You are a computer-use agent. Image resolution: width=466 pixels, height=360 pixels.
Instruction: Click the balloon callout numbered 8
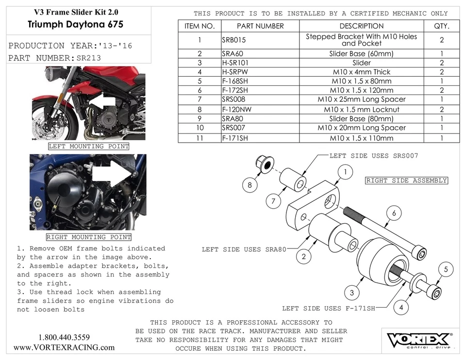[250, 185]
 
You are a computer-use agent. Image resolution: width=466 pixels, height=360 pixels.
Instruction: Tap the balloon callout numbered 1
[345, 172]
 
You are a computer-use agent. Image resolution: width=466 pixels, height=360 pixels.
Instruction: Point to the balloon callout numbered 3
[351, 292]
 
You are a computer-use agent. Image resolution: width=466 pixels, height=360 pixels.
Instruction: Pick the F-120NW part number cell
[237, 110]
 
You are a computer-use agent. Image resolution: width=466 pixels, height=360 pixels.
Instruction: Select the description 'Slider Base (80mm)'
[361, 119]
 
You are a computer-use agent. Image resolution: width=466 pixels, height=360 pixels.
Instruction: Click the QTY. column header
[441, 26]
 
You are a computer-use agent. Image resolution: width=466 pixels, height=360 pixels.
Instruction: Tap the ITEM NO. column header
[200, 26]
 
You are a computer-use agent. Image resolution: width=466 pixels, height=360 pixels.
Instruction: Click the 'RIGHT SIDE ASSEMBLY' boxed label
[406, 180]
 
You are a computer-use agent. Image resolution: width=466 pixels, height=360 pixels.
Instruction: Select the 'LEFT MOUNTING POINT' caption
[89, 147]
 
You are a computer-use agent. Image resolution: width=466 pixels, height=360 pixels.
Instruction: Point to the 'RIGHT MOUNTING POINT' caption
[88, 237]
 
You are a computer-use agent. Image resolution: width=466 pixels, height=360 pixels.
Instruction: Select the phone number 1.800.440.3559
[64, 337]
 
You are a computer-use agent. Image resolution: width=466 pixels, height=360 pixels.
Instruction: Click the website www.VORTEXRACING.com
[64, 347]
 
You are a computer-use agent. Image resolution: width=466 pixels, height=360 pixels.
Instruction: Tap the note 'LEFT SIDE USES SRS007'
[373, 156]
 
